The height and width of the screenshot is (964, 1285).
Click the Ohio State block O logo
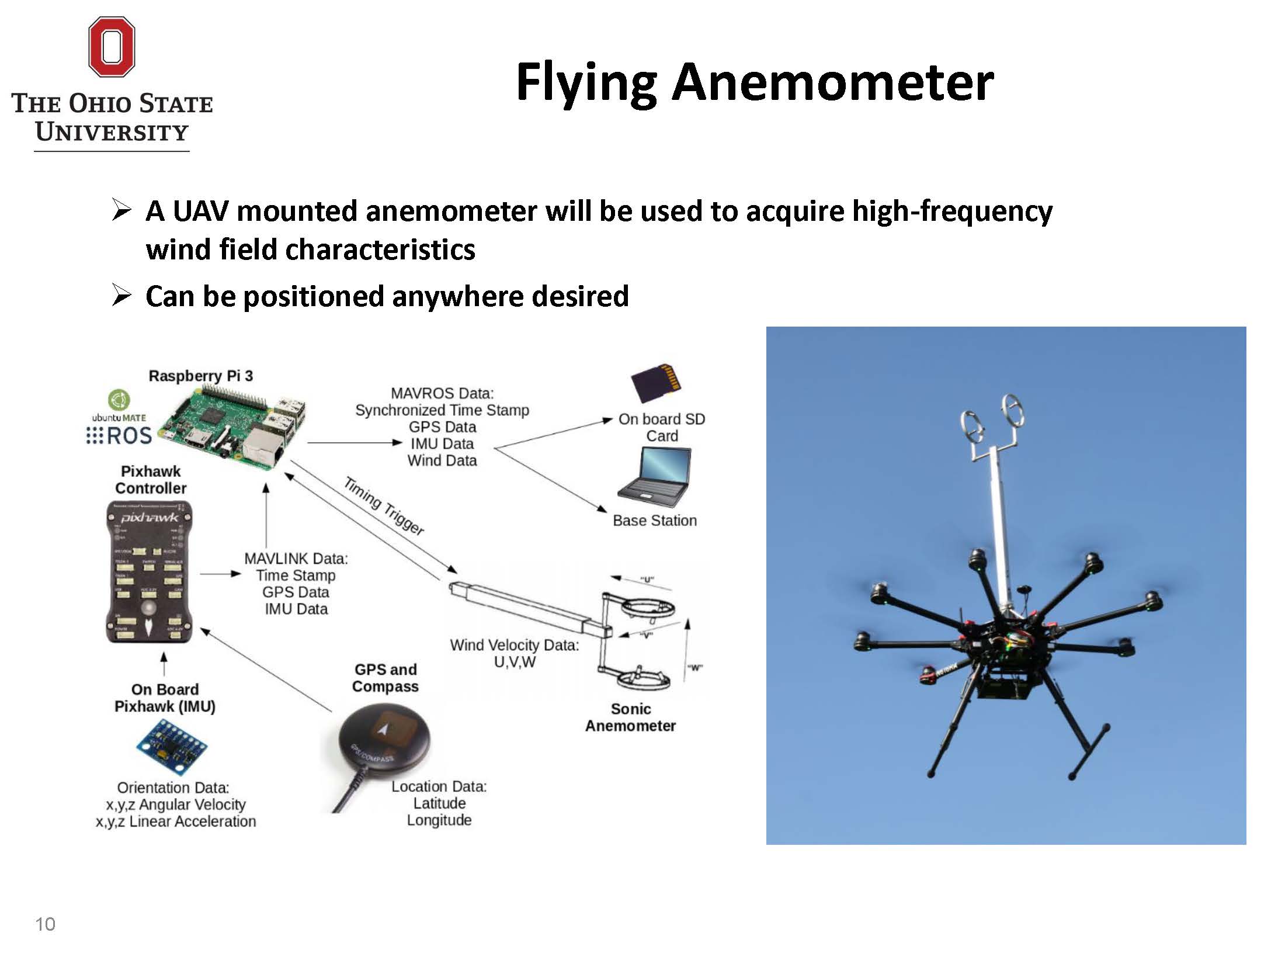coord(112,47)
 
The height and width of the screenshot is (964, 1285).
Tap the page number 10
coord(45,924)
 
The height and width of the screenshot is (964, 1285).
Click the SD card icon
coord(657,383)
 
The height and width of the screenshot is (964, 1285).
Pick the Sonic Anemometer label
coord(631,717)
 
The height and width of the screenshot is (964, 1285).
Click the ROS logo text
coord(128,436)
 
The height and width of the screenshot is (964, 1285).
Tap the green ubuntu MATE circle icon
coord(119,400)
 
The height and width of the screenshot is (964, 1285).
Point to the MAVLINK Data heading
coord(296,559)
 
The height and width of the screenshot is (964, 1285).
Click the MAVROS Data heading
coord(442,393)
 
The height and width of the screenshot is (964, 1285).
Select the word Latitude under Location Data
coord(439,803)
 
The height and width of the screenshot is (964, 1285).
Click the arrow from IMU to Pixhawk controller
coord(164,665)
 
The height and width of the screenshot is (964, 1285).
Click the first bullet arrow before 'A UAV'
coord(121,210)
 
